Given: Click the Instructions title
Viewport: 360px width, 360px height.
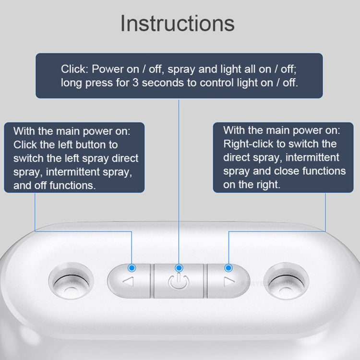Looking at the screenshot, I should click(x=177, y=23).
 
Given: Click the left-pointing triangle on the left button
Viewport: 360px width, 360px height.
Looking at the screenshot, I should click(x=128, y=282).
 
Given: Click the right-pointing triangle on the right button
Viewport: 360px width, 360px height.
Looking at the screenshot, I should click(x=229, y=282).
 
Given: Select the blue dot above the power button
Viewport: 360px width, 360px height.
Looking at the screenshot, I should click(x=179, y=267).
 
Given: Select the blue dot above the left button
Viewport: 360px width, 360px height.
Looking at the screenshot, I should click(x=132, y=267).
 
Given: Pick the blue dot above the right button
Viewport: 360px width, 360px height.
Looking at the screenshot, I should click(x=228, y=267).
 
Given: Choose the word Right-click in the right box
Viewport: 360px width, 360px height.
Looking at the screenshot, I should click(x=247, y=144).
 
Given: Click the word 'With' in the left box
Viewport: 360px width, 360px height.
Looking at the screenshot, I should click(x=24, y=131).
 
